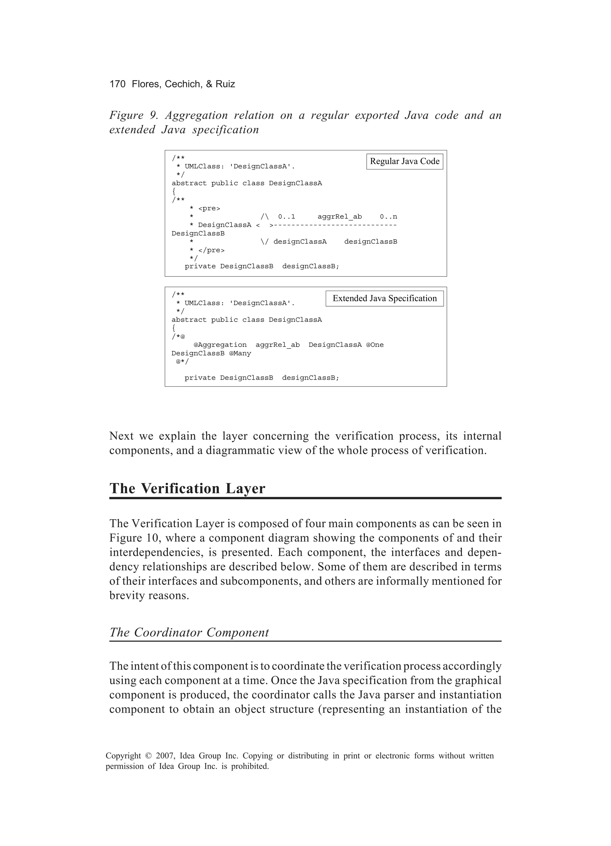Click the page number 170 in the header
117,84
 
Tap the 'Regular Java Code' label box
405,162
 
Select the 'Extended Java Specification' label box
385,299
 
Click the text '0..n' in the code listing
388,217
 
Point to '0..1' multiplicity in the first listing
286,217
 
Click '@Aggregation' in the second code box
220,345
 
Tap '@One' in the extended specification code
375,345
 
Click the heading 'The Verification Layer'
187,489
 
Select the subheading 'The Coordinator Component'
189,632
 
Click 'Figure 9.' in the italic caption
134,115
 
